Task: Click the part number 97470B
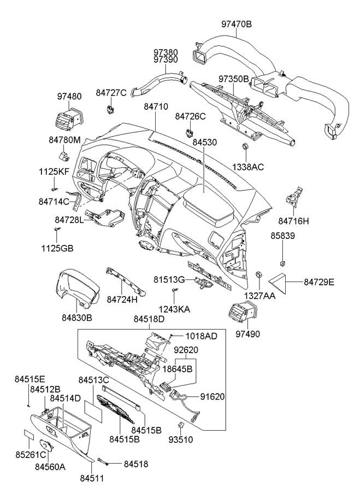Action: (x=237, y=24)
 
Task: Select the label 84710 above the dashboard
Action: (x=156, y=107)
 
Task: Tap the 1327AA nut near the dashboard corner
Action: (x=259, y=274)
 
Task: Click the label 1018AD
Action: (x=202, y=336)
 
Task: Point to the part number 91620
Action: (x=213, y=397)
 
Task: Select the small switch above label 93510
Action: (x=181, y=425)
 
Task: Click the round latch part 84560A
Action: (x=46, y=446)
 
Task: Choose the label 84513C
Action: (x=93, y=380)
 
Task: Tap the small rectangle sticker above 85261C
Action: (x=29, y=435)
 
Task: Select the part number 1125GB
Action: (x=57, y=249)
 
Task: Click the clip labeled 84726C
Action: (x=189, y=132)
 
